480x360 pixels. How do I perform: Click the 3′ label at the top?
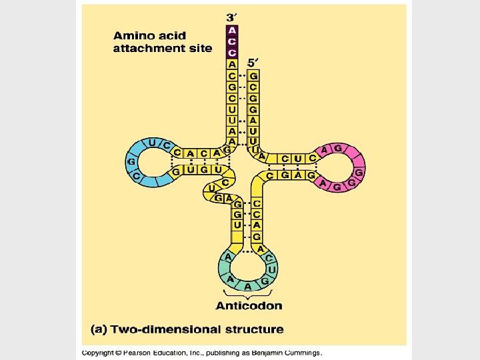(231, 17)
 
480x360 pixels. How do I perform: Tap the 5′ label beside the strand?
(253, 62)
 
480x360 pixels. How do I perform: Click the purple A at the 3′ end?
(232, 30)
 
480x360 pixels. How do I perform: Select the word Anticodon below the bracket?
(249, 306)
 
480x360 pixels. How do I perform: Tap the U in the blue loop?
(153, 143)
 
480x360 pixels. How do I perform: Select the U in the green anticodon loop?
(272, 269)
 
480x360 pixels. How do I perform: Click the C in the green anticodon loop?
(269, 258)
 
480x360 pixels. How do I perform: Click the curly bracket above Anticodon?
(248, 294)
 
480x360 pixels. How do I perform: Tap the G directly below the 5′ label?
(253, 76)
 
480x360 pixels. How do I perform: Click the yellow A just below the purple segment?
(232, 65)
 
